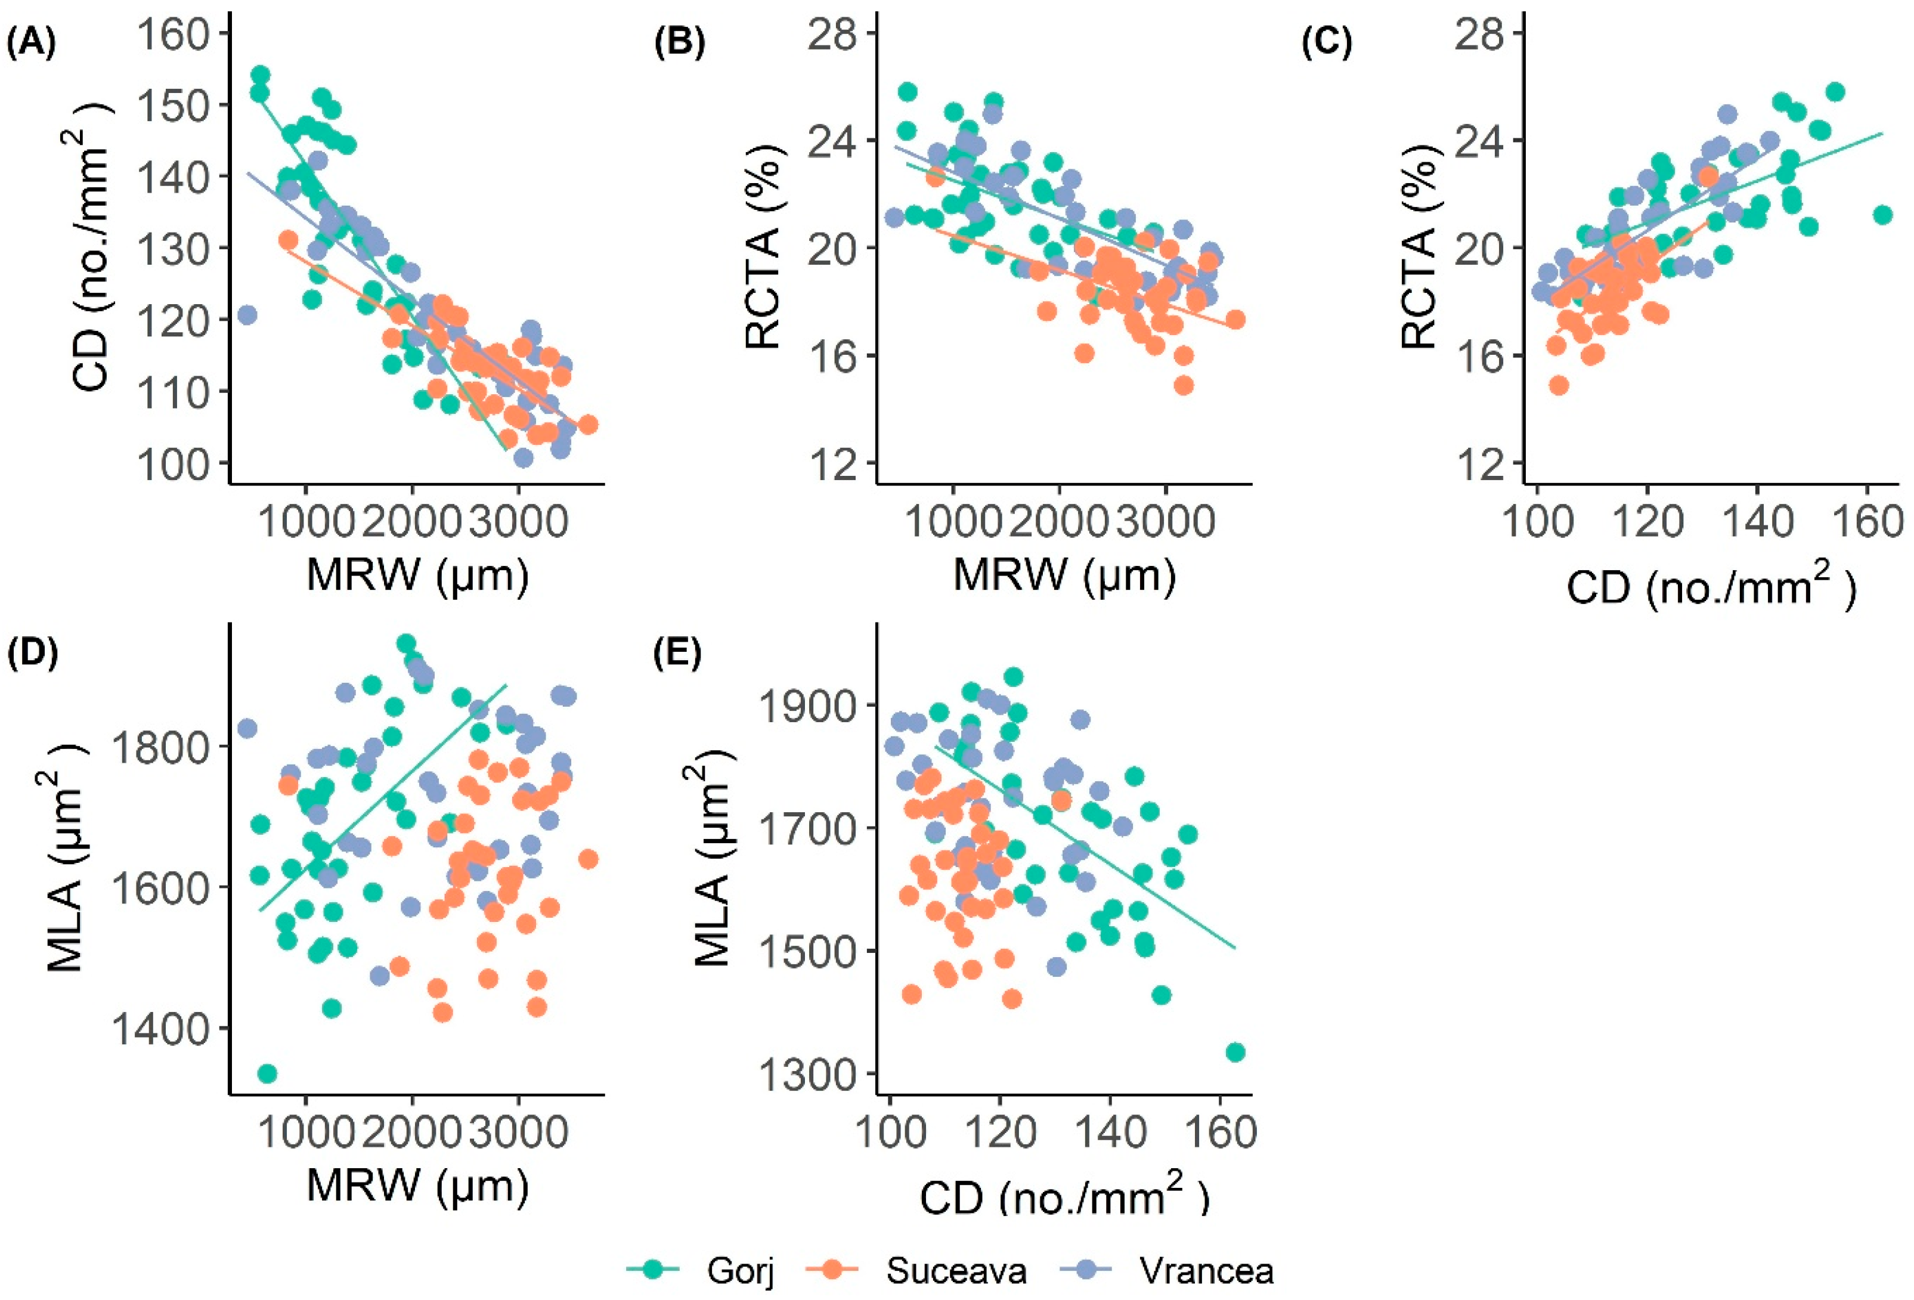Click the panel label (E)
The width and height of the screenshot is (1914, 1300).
point(677,654)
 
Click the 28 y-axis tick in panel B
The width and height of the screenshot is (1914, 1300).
point(834,35)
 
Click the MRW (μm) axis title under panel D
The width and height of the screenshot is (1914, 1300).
point(417,1185)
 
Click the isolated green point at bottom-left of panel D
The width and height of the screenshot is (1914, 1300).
point(267,1073)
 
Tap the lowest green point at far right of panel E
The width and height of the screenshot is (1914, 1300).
point(1235,1052)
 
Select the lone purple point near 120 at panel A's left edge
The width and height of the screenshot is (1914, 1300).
point(247,315)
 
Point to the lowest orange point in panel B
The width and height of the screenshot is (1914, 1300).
point(1184,385)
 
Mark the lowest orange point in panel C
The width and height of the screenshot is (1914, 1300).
point(1558,385)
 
